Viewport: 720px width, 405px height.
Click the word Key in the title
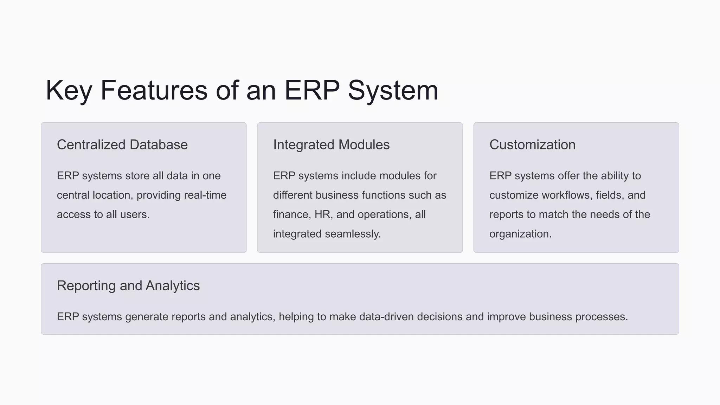tap(69, 90)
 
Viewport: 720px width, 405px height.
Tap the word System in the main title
tap(393, 90)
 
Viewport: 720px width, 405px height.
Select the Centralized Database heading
tap(122, 145)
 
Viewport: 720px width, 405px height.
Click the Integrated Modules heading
tap(331, 145)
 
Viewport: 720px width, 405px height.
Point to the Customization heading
tap(532, 145)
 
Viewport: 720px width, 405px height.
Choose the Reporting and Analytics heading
tap(128, 285)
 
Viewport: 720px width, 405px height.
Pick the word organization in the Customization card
tap(520, 234)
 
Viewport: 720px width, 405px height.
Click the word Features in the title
tap(154, 90)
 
